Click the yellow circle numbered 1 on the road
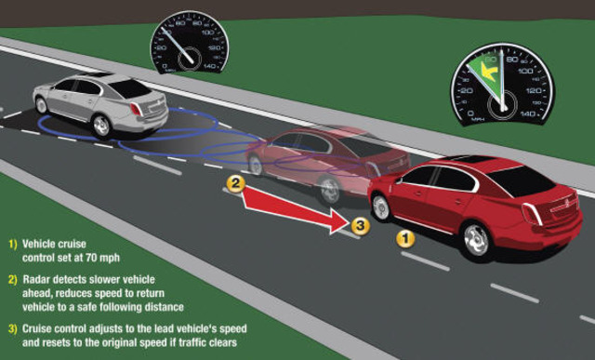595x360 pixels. click(x=404, y=238)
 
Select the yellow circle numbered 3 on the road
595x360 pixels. click(x=361, y=224)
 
